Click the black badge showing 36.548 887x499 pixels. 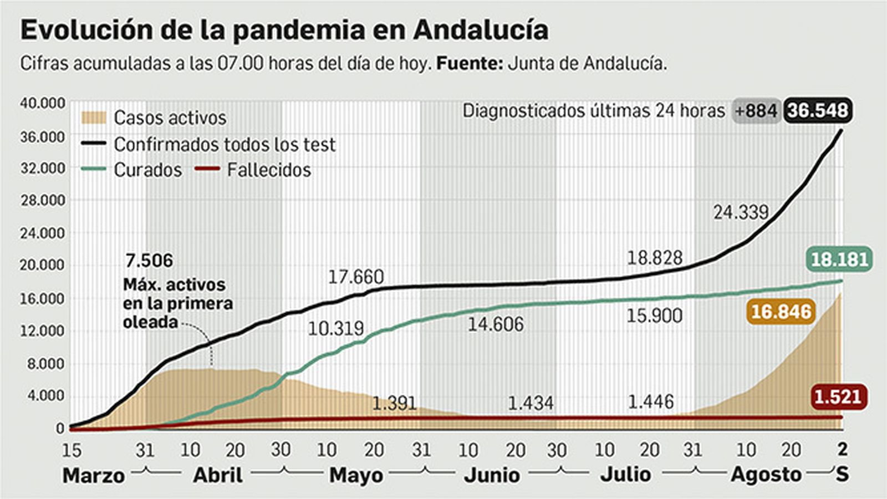818,111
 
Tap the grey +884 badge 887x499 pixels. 756,111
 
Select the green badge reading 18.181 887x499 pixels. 839,259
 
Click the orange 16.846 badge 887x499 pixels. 781,312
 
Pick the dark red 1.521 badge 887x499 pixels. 838,397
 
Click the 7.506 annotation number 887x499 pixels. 149,260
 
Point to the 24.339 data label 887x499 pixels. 741,212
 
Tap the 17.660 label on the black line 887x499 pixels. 355,277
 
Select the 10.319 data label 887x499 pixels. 335,329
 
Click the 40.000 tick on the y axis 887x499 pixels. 43,103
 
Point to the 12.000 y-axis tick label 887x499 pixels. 43,331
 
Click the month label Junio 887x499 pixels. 492,475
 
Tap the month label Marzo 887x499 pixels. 93,476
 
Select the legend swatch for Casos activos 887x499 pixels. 93,118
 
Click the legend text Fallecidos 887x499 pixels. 269,170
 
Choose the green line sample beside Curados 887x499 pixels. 93,169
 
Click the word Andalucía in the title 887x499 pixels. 481,30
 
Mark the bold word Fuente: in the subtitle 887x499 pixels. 470,63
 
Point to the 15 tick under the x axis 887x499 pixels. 72,450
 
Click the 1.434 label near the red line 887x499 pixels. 531,403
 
